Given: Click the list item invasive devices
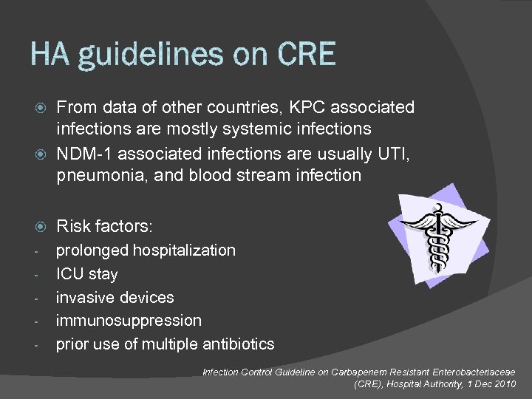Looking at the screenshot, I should pos(115,297).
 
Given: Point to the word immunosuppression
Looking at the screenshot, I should pos(129,321).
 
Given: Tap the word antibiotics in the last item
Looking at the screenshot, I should pos(236,344).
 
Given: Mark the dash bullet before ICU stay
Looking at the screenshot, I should pos(37,274).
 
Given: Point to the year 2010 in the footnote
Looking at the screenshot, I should pos(508,384).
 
